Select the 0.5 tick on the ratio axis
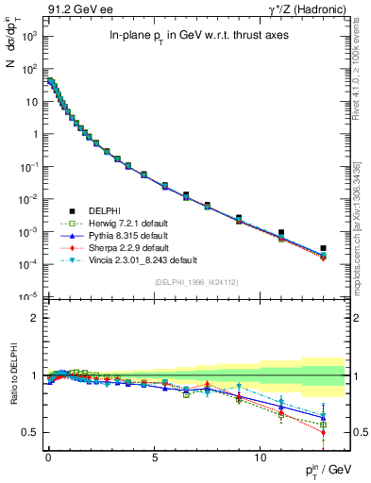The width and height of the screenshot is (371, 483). coord(34,432)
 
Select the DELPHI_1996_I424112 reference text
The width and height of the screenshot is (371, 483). coord(194,282)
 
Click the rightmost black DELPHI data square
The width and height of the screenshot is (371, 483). coord(323,248)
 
